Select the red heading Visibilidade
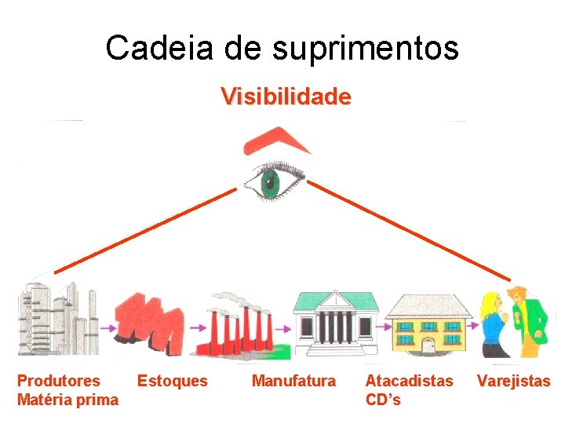(x=286, y=97)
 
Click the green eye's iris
(x=271, y=182)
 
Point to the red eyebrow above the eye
(x=276, y=142)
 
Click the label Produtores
(x=59, y=381)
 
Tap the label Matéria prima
(x=68, y=400)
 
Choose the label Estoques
(x=173, y=381)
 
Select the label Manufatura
(x=293, y=381)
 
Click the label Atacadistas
(x=409, y=381)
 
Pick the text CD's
(x=383, y=400)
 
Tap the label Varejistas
(x=514, y=381)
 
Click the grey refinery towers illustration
(x=59, y=318)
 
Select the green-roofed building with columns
(x=335, y=322)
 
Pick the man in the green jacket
(x=530, y=318)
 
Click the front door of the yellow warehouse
(x=428, y=345)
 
